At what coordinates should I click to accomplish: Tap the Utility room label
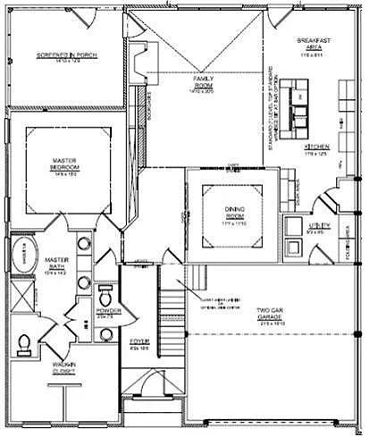[x=320, y=227]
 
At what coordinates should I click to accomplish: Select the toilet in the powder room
[x=105, y=296]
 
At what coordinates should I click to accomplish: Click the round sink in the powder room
[x=107, y=334]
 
